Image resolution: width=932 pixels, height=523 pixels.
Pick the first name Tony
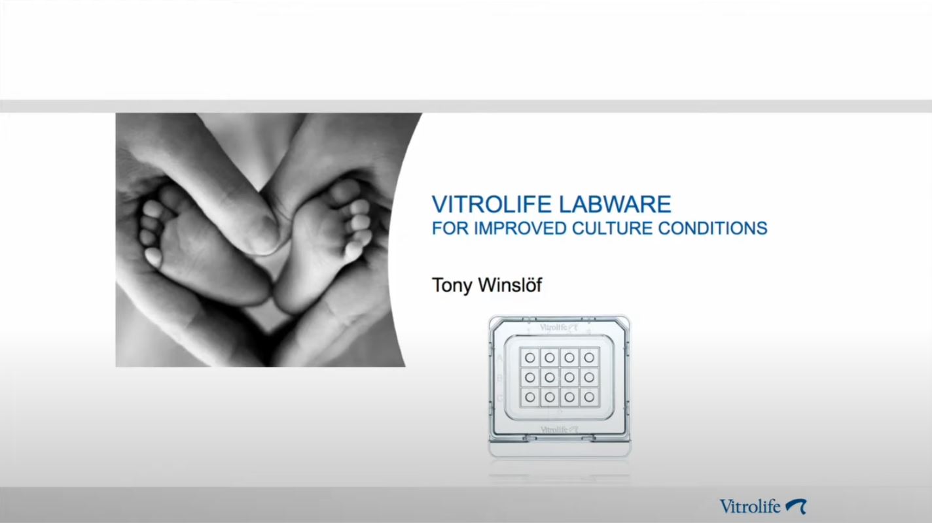click(x=452, y=286)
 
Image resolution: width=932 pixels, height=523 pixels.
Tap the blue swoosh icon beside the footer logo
click(x=795, y=505)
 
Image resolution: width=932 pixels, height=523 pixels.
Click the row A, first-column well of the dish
click(x=530, y=357)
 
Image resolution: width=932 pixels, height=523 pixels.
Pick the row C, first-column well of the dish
click(x=530, y=396)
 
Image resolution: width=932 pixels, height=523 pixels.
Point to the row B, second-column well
click(x=550, y=377)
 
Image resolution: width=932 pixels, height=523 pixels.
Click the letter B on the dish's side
click(x=501, y=377)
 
